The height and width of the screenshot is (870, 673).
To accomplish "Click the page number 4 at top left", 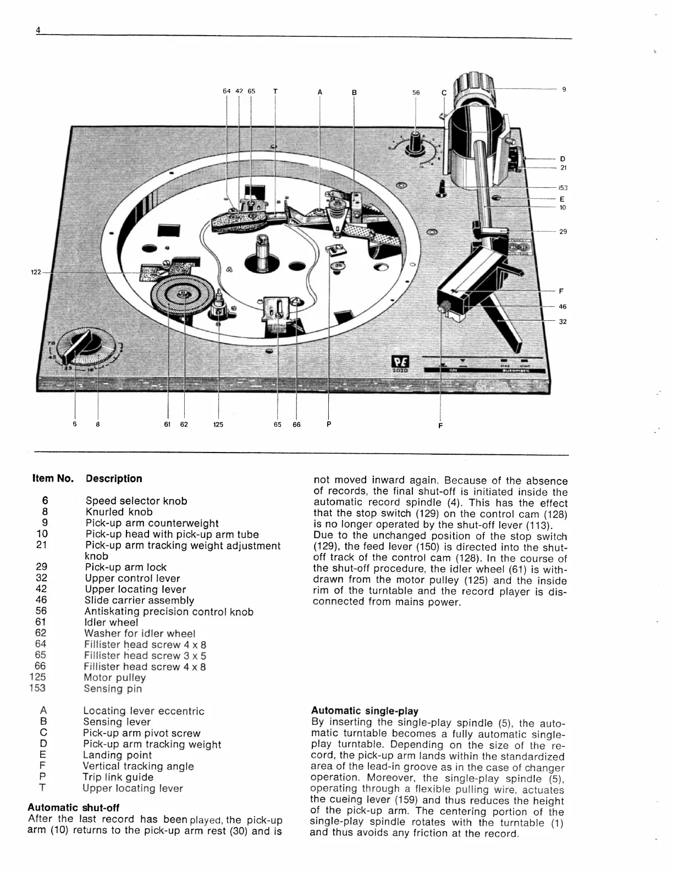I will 38,31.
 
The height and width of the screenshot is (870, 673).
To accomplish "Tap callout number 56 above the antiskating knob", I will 416,93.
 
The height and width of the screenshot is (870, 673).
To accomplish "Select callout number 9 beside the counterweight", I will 564,89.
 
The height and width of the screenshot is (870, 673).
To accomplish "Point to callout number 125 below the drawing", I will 218,425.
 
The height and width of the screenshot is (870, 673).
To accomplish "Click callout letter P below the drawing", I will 328,424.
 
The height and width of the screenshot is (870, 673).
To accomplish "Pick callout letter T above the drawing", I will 275,92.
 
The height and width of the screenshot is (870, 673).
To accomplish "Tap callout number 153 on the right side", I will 563,188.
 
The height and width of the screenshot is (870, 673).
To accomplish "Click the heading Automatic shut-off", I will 73,807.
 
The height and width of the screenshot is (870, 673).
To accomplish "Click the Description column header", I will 114,478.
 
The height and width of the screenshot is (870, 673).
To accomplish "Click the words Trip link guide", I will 118,777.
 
